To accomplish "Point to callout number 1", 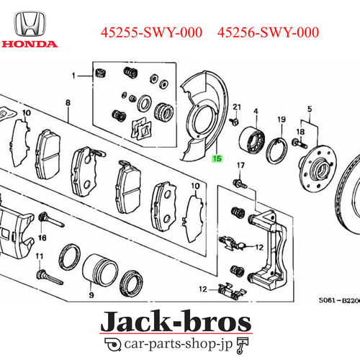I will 73,76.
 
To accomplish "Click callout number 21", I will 235,107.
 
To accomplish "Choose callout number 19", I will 282,119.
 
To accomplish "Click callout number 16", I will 42,237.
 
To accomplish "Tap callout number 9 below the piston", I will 91,295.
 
